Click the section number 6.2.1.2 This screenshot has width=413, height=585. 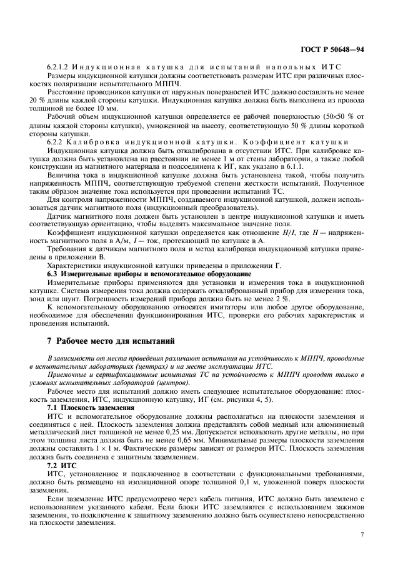(x=58, y=67)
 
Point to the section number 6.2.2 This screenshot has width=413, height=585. (x=56, y=142)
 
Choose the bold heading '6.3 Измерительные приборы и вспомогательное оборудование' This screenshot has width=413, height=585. (x=150, y=274)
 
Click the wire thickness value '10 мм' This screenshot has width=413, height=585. (x=100, y=108)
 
